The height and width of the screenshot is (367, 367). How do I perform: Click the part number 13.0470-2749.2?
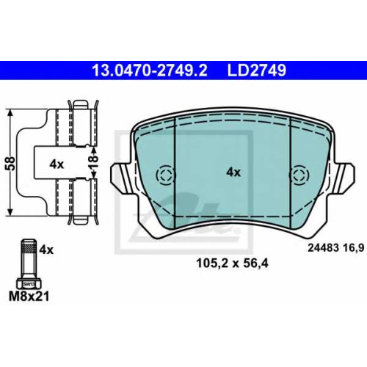(x=150, y=70)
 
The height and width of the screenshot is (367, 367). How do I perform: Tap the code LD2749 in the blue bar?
(x=257, y=70)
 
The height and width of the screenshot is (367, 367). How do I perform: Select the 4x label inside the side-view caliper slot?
(x=57, y=164)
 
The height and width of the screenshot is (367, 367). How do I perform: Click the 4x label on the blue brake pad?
(x=233, y=172)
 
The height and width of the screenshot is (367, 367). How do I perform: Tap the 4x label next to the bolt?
(x=46, y=250)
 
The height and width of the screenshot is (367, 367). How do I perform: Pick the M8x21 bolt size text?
(x=29, y=297)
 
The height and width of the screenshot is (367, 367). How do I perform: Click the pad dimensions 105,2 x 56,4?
(x=232, y=264)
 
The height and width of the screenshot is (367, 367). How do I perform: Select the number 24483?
(x=323, y=248)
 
